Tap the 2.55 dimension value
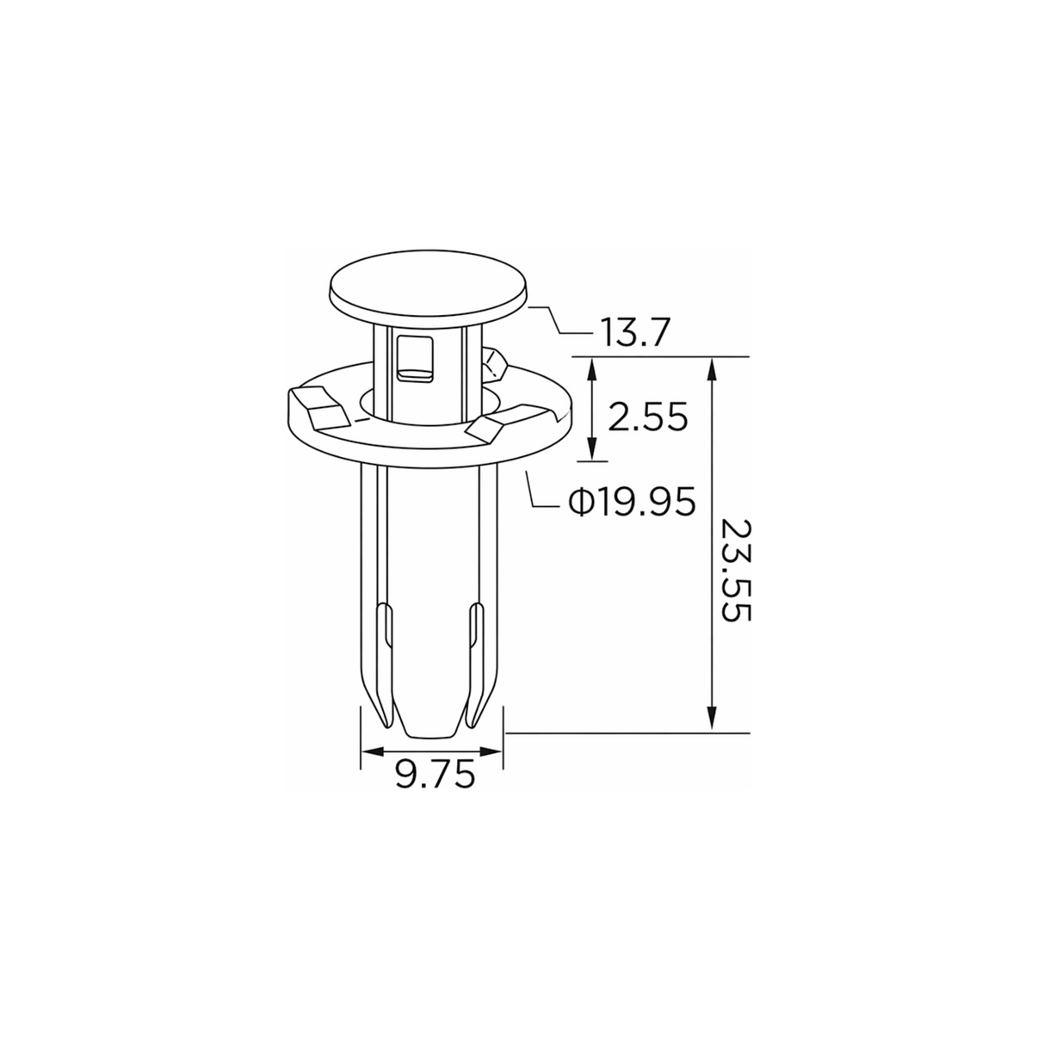point(648,417)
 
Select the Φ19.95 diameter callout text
point(632,502)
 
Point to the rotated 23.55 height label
point(735,571)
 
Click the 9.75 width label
point(436,775)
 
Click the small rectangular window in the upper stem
point(415,359)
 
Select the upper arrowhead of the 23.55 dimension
point(712,371)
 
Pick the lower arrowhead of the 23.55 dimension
point(712,717)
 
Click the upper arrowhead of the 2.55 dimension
point(592,371)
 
